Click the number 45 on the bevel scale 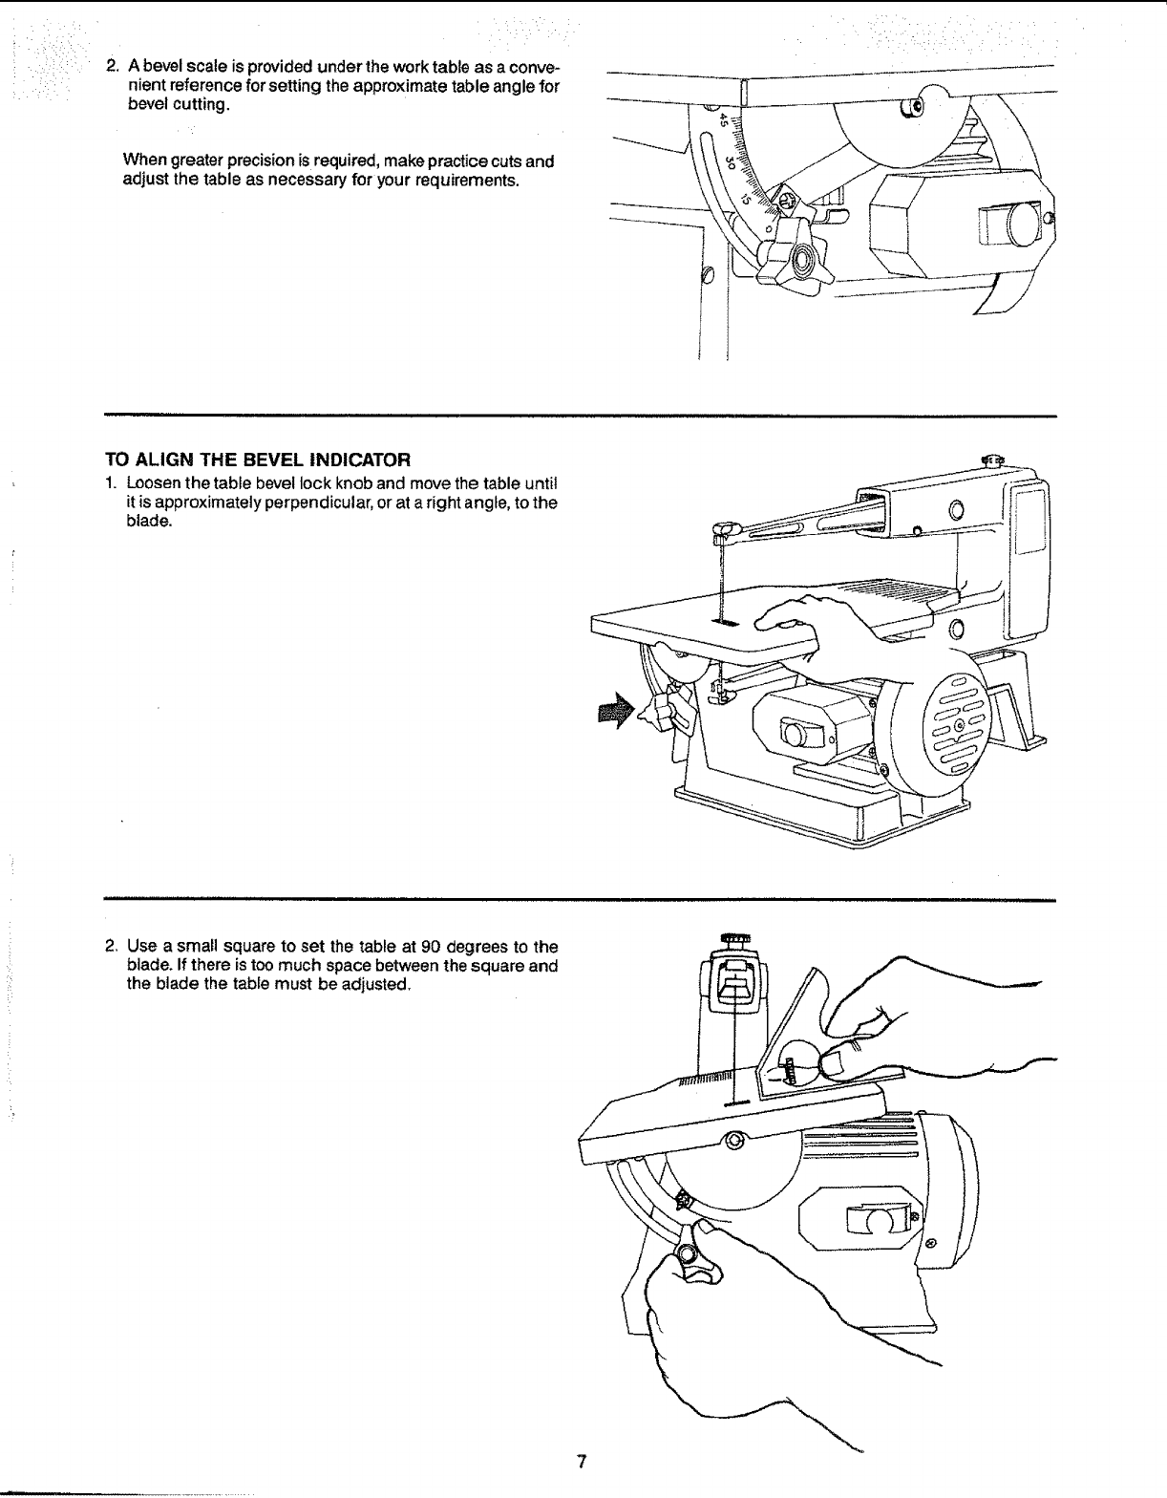tap(725, 121)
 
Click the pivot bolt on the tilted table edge tap(733, 1140)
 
